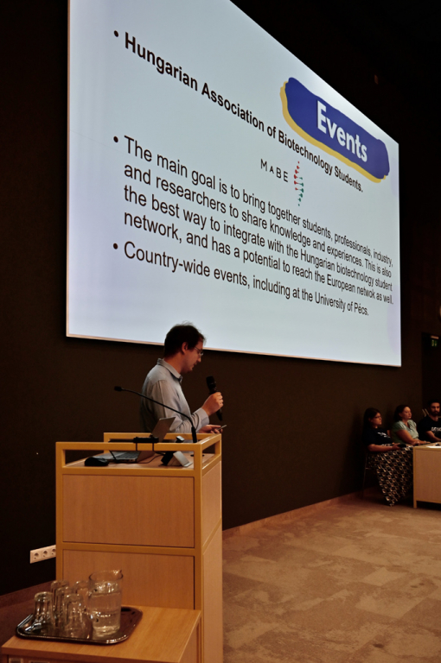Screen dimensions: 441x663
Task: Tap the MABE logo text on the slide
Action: (274, 170)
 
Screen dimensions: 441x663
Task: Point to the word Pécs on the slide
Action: (362, 309)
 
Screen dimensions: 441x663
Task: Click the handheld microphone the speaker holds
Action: (214, 396)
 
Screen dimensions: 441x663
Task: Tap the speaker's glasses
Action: (199, 351)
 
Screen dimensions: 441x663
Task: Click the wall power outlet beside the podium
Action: (42, 554)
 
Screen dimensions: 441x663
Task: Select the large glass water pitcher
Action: (105, 603)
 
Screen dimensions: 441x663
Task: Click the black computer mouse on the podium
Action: (96, 461)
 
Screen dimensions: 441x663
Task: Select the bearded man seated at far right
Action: (431, 421)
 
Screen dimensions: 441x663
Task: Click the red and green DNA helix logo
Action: (298, 183)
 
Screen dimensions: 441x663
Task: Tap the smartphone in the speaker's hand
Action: (218, 428)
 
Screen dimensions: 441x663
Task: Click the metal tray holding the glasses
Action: (80, 625)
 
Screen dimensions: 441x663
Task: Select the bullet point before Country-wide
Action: (115, 246)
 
